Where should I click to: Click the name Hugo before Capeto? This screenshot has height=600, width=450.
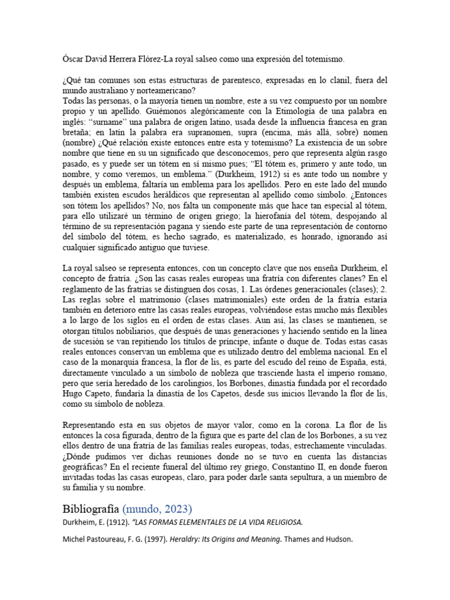(73, 394)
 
